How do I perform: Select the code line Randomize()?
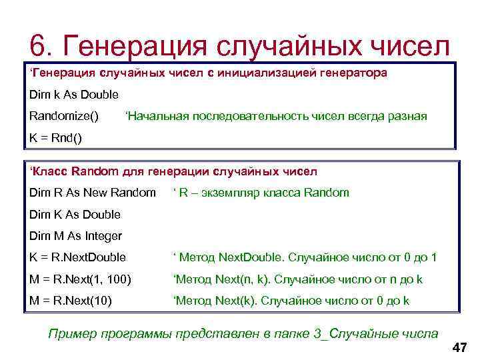pos(64,117)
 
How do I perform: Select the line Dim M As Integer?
pos(75,236)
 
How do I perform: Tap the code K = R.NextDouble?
pos(78,257)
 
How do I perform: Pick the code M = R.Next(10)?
pos(71,301)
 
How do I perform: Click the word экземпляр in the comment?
pos(233,193)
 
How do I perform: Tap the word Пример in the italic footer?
pos(69,333)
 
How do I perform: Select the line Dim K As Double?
pos(75,214)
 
